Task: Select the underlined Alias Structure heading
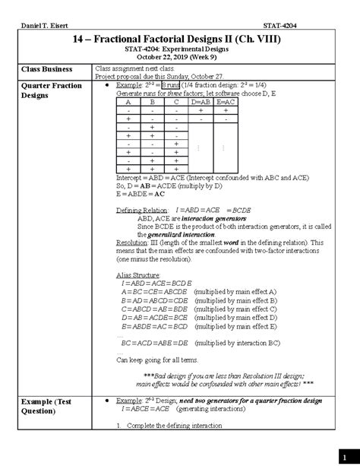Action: (x=139, y=275)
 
